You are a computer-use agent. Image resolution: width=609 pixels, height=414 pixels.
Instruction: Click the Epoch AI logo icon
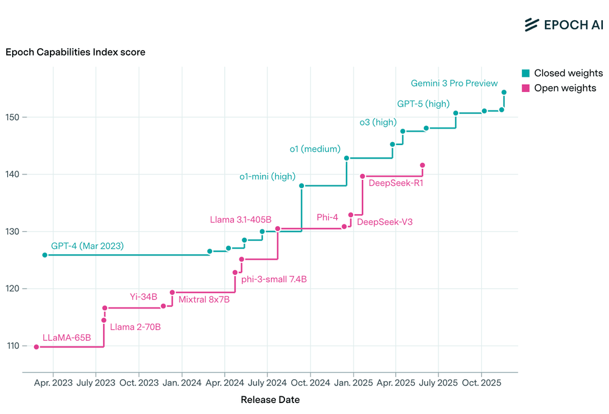(x=531, y=24)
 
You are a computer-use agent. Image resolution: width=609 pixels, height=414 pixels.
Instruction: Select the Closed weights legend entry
(x=562, y=73)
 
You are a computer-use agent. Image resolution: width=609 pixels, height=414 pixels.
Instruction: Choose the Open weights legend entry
(x=559, y=88)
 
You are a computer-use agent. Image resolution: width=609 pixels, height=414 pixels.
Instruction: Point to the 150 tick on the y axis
(x=12, y=117)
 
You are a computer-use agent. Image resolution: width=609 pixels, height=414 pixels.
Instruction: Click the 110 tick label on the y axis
(x=12, y=346)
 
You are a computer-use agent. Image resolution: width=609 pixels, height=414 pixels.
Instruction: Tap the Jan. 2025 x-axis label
(x=353, y=382)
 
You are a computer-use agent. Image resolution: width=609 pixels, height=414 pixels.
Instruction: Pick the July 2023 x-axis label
(x=96, y=382)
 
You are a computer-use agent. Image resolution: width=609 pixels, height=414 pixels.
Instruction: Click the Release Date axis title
(x=270, y=399)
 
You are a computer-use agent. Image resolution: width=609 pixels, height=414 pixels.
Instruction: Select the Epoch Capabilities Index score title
(x=76, y=52)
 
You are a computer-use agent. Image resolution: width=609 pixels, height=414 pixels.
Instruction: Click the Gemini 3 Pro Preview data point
(x=504, y=92)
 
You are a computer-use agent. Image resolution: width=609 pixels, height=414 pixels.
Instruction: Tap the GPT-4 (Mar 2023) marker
(x=44, y=255)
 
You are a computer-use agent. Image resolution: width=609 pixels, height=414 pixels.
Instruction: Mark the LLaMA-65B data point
(x=37, y=347)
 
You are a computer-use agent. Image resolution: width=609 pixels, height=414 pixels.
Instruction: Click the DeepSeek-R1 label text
(x=396, y=183)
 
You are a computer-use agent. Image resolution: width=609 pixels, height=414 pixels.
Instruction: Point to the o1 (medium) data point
(x=347, y=158)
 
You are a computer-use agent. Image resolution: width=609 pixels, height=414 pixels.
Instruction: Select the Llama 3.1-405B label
(x=241, y=219)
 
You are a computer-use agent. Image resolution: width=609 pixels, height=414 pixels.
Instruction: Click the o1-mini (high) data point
(x=301, y=186)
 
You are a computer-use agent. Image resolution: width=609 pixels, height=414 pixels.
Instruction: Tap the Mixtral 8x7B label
(x=204, y=299)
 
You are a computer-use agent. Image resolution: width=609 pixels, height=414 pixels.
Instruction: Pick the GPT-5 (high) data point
(x=456, y=113)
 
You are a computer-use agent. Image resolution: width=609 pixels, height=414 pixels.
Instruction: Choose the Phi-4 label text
(x=327, y=217)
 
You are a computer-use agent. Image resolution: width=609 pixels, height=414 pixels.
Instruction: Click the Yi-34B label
(x=143, y=296)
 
